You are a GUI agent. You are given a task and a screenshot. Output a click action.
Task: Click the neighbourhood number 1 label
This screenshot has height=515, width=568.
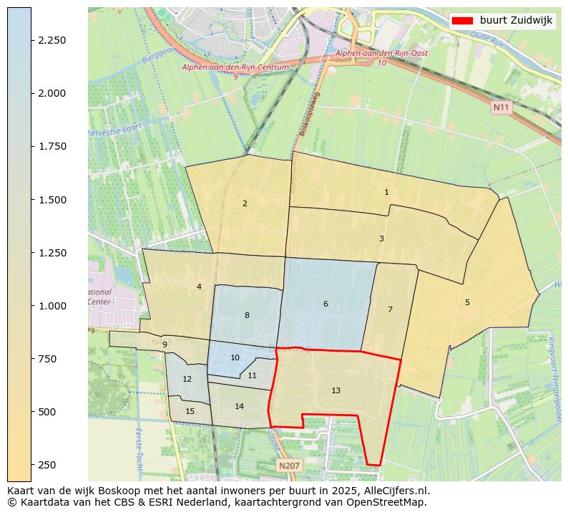tap(386, 192)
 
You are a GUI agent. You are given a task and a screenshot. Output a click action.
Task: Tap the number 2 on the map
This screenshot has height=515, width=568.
tap(245, 203)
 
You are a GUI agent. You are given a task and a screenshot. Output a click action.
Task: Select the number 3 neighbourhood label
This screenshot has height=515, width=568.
tap(381, 239)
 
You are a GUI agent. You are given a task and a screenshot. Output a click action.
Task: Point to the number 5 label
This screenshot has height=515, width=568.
tap(467, 302)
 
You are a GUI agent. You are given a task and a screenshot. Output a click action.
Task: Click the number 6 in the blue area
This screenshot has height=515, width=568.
tap(325, 304)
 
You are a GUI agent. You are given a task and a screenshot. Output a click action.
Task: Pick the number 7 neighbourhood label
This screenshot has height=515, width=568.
tap(390, 309)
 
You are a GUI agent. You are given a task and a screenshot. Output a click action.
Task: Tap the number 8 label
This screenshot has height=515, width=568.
tap(247, 315)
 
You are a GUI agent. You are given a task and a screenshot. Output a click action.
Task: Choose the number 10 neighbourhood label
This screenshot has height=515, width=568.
tap(235, 357)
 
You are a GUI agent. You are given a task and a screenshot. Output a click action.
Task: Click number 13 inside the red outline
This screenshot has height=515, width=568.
tap(336, 390)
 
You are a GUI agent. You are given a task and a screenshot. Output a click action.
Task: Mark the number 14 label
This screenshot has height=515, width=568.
tap(239, 406)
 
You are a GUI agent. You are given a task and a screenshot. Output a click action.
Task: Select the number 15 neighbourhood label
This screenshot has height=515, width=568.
tap(190, 411)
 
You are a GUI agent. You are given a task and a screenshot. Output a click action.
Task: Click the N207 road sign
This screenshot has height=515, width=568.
tap(289, 466)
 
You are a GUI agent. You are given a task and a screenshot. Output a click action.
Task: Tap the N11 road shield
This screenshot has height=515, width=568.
tap(501, 107)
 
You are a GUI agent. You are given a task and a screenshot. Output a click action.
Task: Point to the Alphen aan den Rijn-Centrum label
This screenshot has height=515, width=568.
tap(235, 67)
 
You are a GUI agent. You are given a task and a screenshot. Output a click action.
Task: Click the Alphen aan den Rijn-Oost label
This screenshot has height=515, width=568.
tap(371, 54)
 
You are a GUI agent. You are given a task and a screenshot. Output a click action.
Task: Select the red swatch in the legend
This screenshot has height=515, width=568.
tap(464, 21)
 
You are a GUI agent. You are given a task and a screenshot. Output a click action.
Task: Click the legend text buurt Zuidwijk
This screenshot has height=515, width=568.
tap(516, 21)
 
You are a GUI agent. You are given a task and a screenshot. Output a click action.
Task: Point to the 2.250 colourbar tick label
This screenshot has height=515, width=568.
tap(52, 40)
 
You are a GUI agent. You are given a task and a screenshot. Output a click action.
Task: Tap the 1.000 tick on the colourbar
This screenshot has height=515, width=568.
tap(52, 306)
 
